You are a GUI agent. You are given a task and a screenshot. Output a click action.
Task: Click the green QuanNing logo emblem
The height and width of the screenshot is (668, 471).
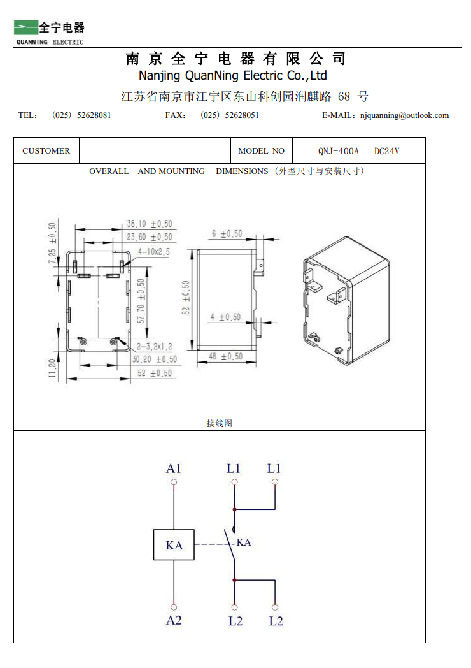tap(26, 27)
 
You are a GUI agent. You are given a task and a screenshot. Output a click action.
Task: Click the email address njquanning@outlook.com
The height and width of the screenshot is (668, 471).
tap(404, 115)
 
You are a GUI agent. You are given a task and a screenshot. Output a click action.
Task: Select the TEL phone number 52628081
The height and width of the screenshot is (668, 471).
tap(94, 115)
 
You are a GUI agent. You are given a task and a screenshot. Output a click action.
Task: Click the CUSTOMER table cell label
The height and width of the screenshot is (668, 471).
tap(46, 151)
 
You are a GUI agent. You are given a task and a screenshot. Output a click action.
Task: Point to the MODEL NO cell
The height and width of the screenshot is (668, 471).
tap(261, 151)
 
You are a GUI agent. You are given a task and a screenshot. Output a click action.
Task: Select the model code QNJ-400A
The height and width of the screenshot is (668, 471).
tap(339, 151)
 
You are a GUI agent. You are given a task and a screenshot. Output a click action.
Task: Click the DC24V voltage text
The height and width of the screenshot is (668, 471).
tap(386, 151)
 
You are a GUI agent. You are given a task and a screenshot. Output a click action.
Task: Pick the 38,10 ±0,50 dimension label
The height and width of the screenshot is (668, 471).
tap(149, 224)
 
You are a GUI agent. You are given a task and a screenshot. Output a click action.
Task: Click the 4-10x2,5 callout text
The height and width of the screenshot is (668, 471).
tap(153, 252)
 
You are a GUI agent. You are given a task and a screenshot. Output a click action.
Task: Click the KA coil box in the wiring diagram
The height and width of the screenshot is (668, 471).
tap(174, 545)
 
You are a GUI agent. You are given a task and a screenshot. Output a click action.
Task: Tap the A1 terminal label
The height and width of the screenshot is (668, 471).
tap(174, 468)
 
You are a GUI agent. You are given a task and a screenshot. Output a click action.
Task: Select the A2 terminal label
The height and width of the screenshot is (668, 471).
tap(174, 620)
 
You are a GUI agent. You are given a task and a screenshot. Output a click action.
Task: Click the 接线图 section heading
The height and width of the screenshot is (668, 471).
tap(219, 423)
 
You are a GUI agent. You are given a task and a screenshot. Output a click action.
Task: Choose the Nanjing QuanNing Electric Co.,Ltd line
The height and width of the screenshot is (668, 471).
tap(232, 76)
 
